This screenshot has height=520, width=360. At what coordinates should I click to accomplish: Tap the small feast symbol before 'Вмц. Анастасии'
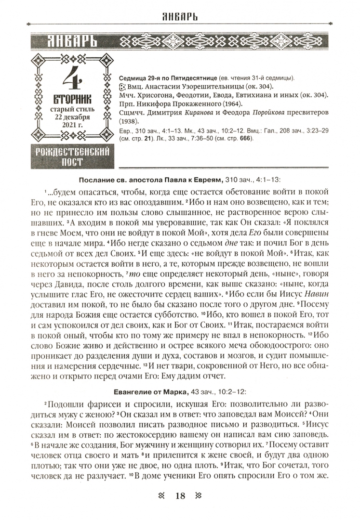pos(122,87)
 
